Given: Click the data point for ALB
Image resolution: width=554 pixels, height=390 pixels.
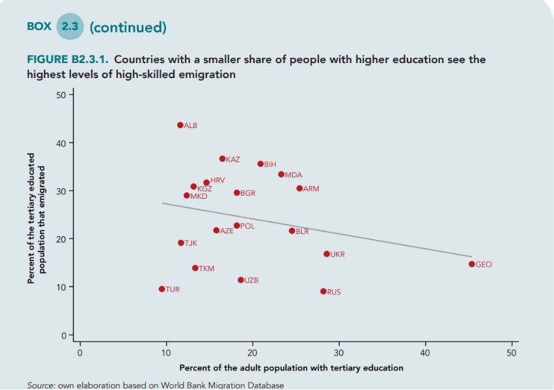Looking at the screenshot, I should [x=180, y=125].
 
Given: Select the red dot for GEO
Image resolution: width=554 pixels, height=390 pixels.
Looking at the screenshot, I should [x=471, y=264].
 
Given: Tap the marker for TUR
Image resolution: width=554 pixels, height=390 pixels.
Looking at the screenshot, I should [x=161, y=289].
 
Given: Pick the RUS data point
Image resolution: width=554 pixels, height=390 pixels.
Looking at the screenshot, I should [x=323, y=291].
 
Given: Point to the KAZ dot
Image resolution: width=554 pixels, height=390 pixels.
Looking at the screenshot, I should [x=222, y=159].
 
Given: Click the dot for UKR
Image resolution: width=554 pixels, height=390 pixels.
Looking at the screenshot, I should [x=326, y=253].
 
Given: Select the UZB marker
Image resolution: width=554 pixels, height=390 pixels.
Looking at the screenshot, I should [x=240, y=279].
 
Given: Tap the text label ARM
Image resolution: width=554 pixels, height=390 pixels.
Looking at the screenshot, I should [x=311, y=188].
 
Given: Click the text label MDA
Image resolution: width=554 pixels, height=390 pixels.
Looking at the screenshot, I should [x=293, y=175].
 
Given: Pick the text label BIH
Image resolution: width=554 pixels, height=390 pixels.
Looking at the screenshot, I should [x=270, y=164].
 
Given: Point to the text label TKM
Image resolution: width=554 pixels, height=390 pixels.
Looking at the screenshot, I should [x=206, y=268].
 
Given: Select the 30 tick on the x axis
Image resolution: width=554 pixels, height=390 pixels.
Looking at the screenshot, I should [x=339, y=353].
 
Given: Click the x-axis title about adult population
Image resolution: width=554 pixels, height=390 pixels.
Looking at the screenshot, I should [x=291, y=368].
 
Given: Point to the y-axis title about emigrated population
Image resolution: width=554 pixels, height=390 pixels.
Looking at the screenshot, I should [x=36, y=218].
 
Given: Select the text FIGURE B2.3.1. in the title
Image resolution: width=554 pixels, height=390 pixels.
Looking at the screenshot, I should [x=68, y=60].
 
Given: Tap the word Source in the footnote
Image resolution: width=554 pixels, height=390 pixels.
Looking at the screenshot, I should [x=41, y=385].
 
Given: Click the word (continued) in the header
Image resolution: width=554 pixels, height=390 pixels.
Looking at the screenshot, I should [x=128, y=27].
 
